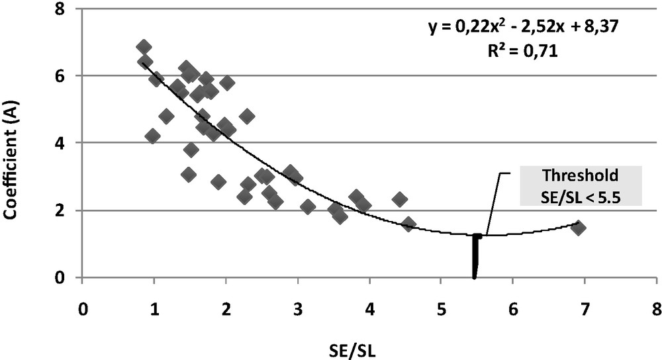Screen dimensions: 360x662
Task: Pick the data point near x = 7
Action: click(x=579, y=228)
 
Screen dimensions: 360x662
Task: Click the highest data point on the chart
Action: click(x=144, y=47)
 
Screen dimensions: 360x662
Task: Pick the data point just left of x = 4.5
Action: click(x=400, y=199)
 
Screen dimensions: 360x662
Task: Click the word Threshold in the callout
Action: click(x=580, y=176)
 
